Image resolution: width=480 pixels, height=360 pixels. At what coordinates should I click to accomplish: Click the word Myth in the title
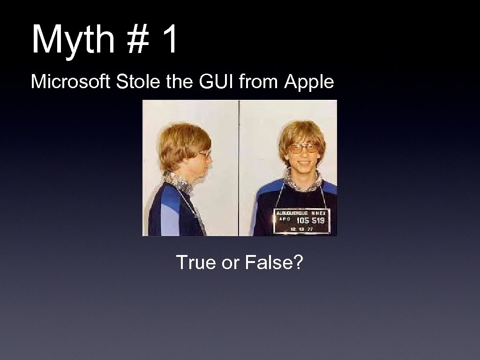73,40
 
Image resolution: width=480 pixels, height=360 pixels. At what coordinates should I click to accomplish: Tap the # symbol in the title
136,40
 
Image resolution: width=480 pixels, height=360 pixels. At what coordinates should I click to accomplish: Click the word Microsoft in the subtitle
71,82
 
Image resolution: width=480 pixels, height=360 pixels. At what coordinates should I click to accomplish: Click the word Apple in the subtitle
309,82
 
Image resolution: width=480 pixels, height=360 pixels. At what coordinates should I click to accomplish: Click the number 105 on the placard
302,220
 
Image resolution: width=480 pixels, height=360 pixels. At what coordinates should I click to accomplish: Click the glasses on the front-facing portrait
302,149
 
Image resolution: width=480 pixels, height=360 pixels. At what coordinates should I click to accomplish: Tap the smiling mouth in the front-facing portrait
303,164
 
